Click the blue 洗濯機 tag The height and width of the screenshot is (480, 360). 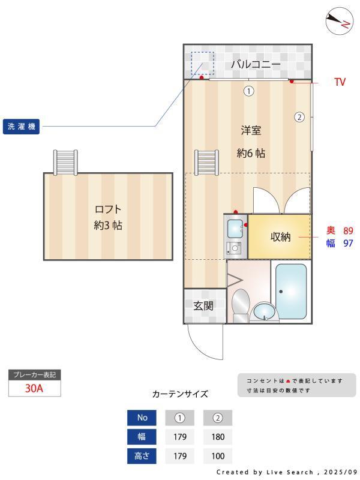[x=22, y=127]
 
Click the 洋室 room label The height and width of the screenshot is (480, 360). [x=251, y=130]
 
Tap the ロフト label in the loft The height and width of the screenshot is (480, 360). [x=108, y=209]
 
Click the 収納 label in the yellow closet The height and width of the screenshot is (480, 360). [x=280, y=237]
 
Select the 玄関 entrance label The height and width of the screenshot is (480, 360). [x=203, y=305]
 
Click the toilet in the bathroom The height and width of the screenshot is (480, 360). [x=241, y=303]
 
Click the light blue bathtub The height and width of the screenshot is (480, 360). [x=291, y=291]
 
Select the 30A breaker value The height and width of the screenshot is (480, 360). [x=34, y=388]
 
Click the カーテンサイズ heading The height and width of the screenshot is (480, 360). [x=180, y=394]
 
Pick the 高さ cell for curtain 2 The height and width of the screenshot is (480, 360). [x=218, y=456]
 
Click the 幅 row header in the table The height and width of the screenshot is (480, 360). [x=142, y=437]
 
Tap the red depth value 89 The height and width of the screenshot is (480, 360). [x=348, y=230]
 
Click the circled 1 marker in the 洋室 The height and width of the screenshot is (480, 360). [x=248, y=91]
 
